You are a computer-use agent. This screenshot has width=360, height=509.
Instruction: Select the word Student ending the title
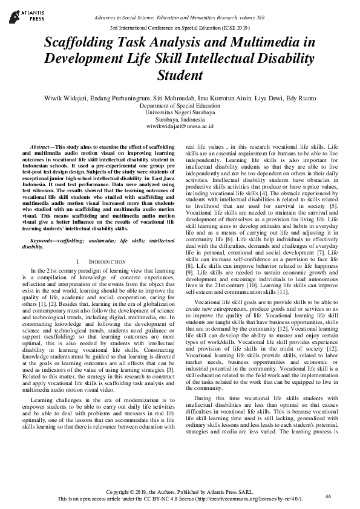click(x=180, y=76)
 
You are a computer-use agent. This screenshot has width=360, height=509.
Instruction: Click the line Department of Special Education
click(x=180, y=106)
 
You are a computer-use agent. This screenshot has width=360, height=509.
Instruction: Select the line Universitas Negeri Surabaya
click(x=180, y=112)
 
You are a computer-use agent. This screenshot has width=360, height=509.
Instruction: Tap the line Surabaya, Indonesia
click(x=180, y=120)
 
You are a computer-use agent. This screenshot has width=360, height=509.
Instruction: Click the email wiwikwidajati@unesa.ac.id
click(x=180, y=127)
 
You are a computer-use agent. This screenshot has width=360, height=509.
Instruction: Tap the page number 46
click(x=328, y=496)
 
